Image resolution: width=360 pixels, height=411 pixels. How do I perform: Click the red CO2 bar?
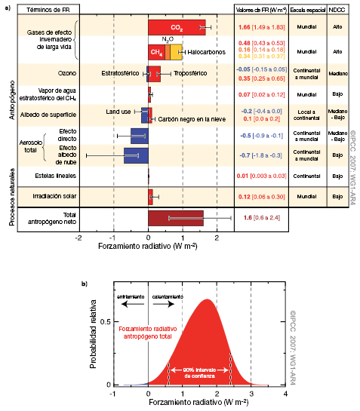[176, 28]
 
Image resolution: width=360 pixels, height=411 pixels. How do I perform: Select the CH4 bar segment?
[156, 53]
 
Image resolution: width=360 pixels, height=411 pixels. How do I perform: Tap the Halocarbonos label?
[207, 53]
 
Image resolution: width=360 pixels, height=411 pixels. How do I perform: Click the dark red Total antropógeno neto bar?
[175, 218]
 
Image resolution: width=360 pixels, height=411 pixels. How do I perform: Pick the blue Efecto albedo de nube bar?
[136, 155]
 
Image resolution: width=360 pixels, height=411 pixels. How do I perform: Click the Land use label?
[118, 112]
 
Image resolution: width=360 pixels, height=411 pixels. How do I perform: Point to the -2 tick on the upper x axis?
[78, 236]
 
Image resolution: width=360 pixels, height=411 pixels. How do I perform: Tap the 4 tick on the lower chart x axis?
[285, 394]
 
